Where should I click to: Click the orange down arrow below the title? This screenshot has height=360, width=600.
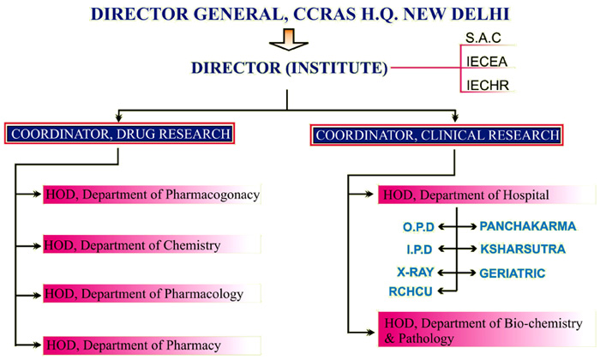[x=289, y=39]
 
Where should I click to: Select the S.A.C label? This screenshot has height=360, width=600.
[x=483, y=38]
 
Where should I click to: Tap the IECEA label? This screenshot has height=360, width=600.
[x=487, y=61]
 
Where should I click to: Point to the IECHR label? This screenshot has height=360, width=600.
[x=488, y=85]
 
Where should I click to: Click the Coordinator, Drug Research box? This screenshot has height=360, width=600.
[x=119, y=134]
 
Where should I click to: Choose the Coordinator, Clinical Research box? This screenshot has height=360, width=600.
[x=436, y=135]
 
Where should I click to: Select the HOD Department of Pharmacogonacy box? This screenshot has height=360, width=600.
[x=152, y=195]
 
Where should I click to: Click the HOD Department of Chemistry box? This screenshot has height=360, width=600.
[x=152, y=245]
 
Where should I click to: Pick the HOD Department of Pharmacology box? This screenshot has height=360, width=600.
[x=152, y=293]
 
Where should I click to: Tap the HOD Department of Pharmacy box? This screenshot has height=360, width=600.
[x=152, y=345]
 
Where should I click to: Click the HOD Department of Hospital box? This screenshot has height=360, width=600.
[x=487, y=195]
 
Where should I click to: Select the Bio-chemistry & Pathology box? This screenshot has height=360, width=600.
[x=487, y=329]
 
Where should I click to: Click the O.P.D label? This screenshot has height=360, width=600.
[x=418, y=227]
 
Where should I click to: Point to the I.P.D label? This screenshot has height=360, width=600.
[x=419, y=249]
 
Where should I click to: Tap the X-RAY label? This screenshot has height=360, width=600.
[x=416, y=272]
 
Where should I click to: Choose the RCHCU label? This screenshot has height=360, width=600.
[x=411, y=291]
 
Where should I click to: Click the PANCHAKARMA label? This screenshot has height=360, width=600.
[x=528, y=226]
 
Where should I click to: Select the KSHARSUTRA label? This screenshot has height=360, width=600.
[x=523, y=249]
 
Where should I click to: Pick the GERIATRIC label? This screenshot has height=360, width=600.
[x=513, y=273]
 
